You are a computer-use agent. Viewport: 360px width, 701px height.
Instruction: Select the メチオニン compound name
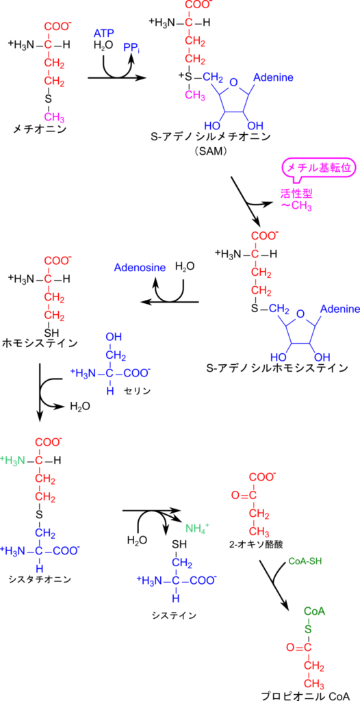pos(40,129)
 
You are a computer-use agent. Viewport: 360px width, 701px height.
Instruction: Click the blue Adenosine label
pos(140,268)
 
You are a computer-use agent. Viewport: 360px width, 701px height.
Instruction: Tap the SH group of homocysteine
pos(54,332)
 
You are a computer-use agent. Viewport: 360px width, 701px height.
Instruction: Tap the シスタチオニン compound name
pos(40,579)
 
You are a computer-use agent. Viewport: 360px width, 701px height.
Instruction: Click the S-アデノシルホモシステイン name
pos(277,368)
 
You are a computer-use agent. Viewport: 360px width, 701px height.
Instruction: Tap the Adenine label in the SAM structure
pos(274,78)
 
